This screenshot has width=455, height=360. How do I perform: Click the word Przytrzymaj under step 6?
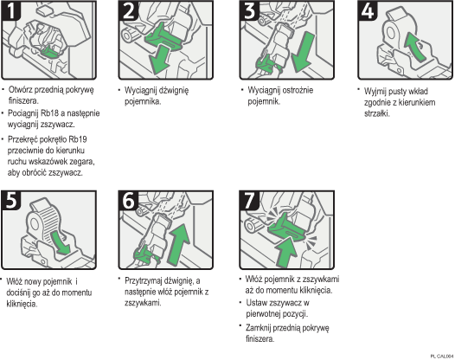click(x=149, y=280)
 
